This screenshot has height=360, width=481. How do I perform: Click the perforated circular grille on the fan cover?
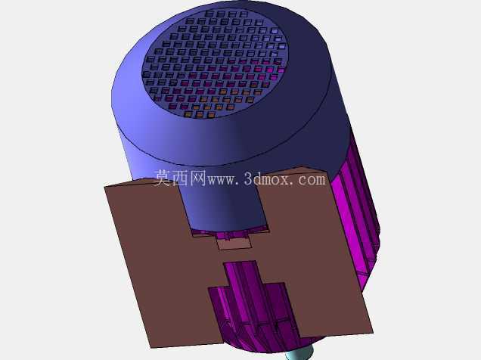215,64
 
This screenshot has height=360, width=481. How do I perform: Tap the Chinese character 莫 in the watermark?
162,178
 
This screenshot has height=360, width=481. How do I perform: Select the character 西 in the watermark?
180,178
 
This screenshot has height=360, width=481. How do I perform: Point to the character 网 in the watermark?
197,178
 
